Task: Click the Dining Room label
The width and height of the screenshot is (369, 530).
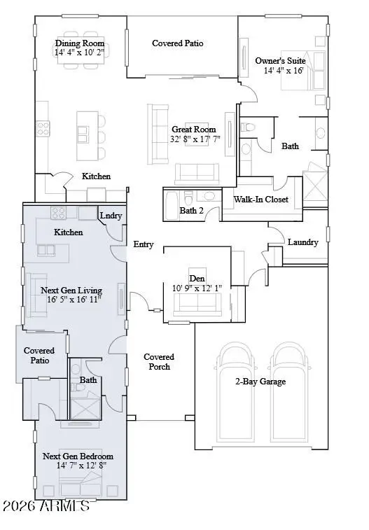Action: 80,43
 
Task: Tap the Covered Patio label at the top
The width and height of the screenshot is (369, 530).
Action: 178,43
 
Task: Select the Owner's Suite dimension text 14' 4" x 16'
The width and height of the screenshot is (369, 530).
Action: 284,71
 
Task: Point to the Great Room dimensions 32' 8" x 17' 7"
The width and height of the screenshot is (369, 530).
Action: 196,139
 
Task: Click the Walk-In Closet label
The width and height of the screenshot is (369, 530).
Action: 260,200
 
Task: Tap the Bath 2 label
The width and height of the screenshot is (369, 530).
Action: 192,210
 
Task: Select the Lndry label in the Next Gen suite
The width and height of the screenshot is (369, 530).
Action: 111,216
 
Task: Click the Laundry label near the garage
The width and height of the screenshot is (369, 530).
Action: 302,242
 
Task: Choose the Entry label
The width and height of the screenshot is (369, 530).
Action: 144,244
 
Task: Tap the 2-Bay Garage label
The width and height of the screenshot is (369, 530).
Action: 260,382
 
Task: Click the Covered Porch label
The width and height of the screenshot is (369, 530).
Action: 159,361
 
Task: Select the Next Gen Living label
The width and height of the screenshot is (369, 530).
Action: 71,290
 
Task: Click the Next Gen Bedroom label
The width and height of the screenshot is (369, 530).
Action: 78,456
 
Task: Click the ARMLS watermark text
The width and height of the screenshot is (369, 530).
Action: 46,505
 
